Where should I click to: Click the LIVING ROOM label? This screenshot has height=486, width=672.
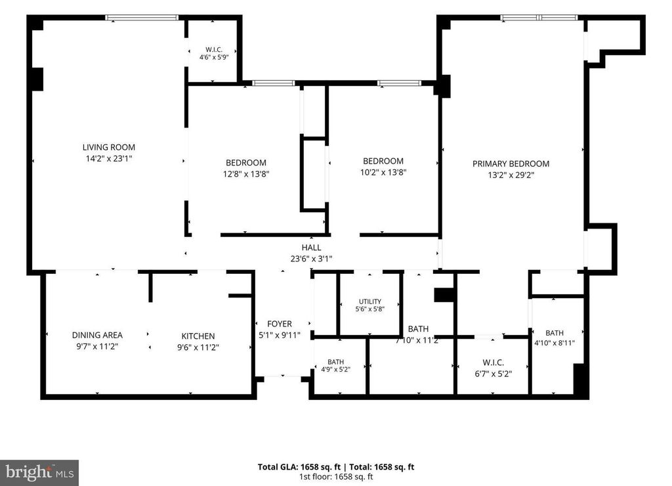coord(109,147)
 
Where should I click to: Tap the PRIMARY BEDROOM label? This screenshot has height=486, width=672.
coord(511,164)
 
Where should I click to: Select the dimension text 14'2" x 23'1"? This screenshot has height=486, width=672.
coord(109,159)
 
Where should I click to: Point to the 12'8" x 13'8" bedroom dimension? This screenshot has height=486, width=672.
coord(246,174)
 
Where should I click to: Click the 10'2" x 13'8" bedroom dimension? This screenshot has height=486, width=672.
coord(383,173)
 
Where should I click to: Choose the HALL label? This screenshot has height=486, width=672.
coord(311,248)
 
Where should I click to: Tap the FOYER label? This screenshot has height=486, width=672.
coord(280,324)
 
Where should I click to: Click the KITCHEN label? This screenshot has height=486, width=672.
coord(198,336)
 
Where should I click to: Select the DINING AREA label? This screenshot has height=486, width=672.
coord(97,335)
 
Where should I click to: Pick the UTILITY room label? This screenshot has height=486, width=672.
coord(370,301)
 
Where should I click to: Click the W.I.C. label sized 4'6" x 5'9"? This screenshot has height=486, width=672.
coord(214,50)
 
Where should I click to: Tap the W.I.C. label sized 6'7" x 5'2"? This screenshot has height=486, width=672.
coord(493,363)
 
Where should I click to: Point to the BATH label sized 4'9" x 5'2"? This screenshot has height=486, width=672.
coord(335,362)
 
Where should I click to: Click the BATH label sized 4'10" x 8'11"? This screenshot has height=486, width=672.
coord(555,333)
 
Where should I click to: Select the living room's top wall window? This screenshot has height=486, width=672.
coord(142,18)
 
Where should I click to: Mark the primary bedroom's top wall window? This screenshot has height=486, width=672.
coord(539,18)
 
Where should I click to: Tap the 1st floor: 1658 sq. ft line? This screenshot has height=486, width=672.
coord(336,477)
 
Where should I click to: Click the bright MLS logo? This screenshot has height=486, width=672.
coord(39,473)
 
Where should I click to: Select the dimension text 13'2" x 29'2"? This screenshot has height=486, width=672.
coord(511,175)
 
